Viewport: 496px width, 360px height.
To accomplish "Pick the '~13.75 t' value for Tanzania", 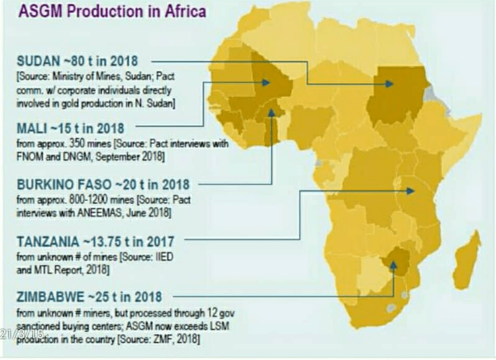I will (x=111, y=241).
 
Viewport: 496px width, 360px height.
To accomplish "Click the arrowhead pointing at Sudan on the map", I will (x=389, y=83).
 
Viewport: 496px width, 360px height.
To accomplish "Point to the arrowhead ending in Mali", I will (x=266, y=82).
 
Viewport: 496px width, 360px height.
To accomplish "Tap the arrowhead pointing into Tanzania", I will (x=411, y=191).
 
